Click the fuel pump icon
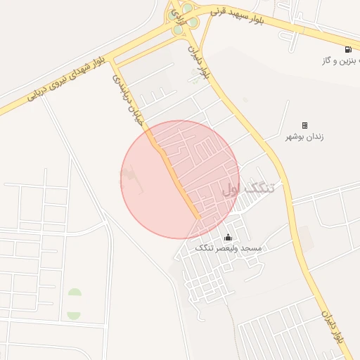point(348,49)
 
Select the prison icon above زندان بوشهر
point(304,125)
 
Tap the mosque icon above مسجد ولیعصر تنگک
point(227,238)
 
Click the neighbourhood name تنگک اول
point(249,188)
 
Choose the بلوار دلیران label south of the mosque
point(333,326)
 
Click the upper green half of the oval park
point(75,293)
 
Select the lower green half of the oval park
point(74,314)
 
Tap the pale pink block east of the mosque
point(304,238)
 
